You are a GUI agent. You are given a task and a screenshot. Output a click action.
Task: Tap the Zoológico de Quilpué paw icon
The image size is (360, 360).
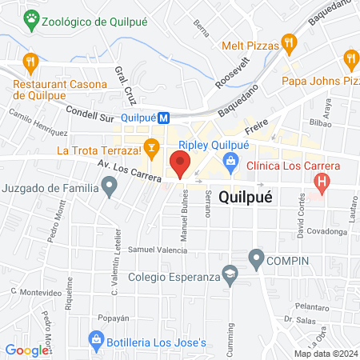[x=31, y=17]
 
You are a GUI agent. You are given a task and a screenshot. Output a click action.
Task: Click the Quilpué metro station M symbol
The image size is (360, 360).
[x=163, y=117]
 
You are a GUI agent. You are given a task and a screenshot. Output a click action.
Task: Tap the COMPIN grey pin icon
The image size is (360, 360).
[x=256, y=258]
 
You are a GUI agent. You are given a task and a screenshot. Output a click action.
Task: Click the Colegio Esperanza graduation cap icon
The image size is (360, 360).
[x=230, y=274]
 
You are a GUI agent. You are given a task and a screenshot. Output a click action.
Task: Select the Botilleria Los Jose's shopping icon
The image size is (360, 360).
[x=96, y=342]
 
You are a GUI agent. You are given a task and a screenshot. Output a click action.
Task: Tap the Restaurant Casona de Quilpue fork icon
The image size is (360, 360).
[x=31, y=61]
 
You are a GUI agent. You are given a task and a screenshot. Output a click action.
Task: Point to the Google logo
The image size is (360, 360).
[x=27, y=350]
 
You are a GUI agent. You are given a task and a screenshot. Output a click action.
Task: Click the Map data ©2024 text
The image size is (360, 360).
[x=325, y=353]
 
